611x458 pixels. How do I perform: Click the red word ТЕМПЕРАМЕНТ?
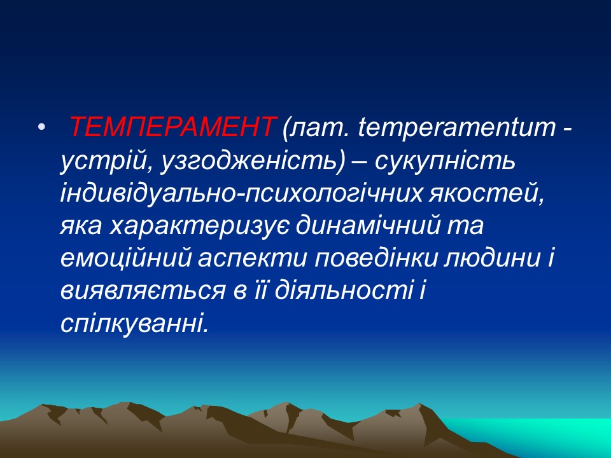coord(172,128)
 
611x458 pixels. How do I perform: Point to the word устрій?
coord(102,162)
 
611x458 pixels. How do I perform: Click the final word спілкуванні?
coord(134,323)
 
